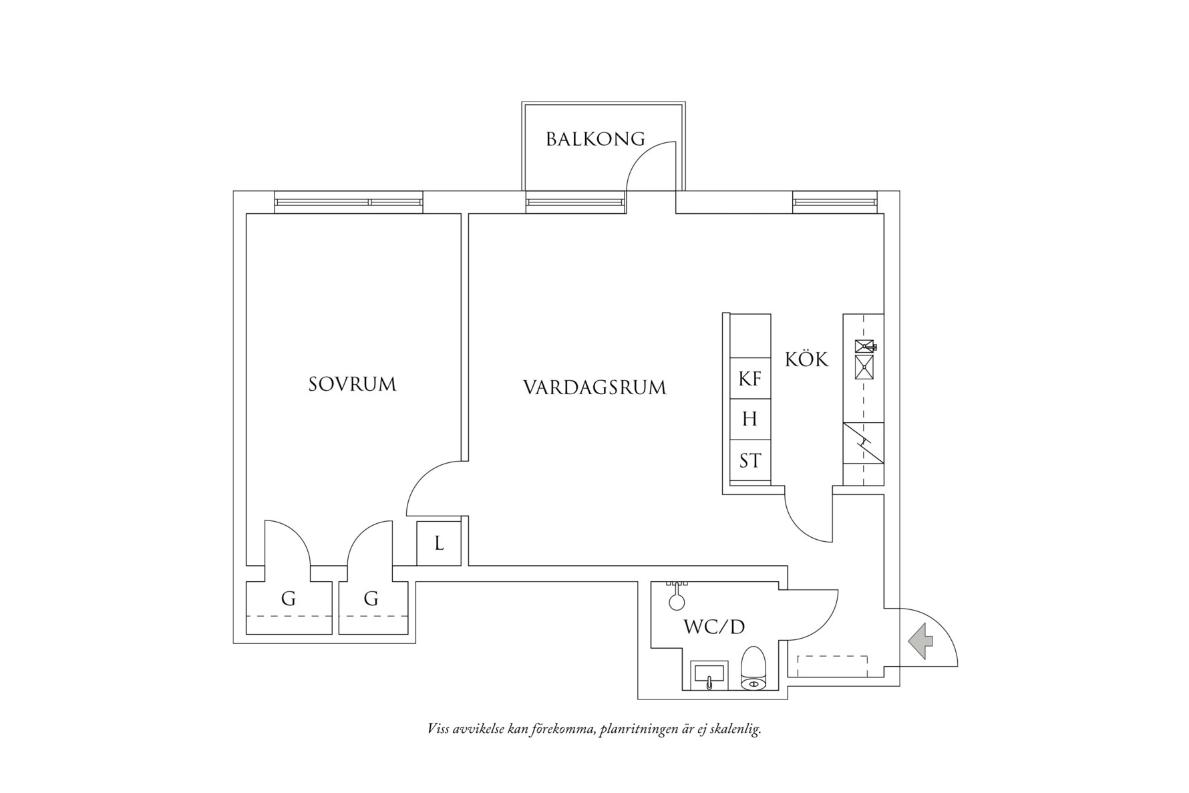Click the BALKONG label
pos(595,139)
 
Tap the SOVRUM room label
pos(352,385)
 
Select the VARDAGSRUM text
pos(594,388)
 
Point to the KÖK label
pos(806,360)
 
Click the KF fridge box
pos(750,379)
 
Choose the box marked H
pos(750,420)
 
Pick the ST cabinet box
pos(750,460)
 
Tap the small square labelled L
pos(439,544)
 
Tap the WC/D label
pos(714,627)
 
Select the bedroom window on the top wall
pos(348,202)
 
